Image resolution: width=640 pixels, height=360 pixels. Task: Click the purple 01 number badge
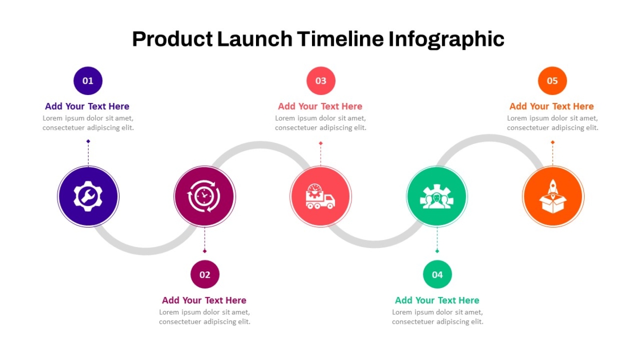[x=88, y=81]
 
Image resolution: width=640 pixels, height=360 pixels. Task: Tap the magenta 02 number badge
[x=205, y=274]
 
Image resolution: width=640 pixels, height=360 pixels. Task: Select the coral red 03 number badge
[x=321, y=81]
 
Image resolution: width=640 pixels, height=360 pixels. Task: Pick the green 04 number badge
[x=437, y=274]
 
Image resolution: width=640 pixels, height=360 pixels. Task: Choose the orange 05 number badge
[x=553, y=81]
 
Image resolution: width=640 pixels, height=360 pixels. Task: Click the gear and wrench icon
[x=88, y=196]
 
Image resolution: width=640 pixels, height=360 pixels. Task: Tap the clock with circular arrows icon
[x=204, y=196]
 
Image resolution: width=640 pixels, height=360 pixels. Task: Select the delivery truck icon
[x=321, y=197]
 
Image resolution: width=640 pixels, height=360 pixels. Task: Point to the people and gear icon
[x=437, y=197]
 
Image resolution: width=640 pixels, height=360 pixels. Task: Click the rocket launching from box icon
[x=553, y=196]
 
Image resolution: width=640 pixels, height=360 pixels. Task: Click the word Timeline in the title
[x=340, y=39]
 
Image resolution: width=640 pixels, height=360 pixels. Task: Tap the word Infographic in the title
[x=446, y=39]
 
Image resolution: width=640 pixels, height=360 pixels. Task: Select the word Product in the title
[x=172, y=39]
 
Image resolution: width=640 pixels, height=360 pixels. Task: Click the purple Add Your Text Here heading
[x=87, y=106]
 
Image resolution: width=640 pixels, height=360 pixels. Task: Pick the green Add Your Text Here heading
[x=437, y=300]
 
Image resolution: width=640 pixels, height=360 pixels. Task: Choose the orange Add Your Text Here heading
[x=551, y=106]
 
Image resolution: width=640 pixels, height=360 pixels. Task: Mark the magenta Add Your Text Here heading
[x=204, y=300]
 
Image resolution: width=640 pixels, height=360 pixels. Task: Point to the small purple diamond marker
[x=89, y=141]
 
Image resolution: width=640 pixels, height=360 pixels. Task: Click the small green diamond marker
[x=437, y=251]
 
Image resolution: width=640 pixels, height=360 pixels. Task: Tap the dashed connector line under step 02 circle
[x=205, y=239]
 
